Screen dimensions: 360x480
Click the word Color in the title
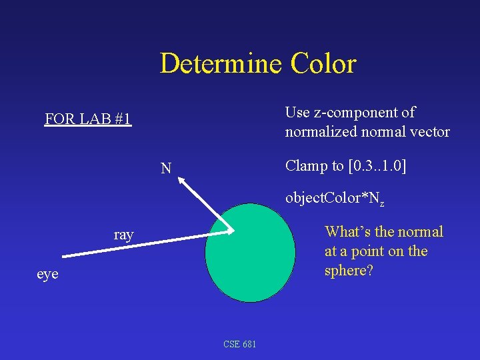tap(323, 64)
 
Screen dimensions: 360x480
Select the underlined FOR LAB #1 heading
tap(88, 120)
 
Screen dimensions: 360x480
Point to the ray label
tap(123, 235)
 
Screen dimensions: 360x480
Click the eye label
tap(47, 274)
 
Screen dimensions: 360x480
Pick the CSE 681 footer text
tap(240, 344)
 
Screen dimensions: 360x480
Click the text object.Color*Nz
tap(335, 198)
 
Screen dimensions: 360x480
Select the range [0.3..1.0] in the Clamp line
tap(377, 166)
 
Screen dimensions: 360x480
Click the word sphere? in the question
tap(348, 271)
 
